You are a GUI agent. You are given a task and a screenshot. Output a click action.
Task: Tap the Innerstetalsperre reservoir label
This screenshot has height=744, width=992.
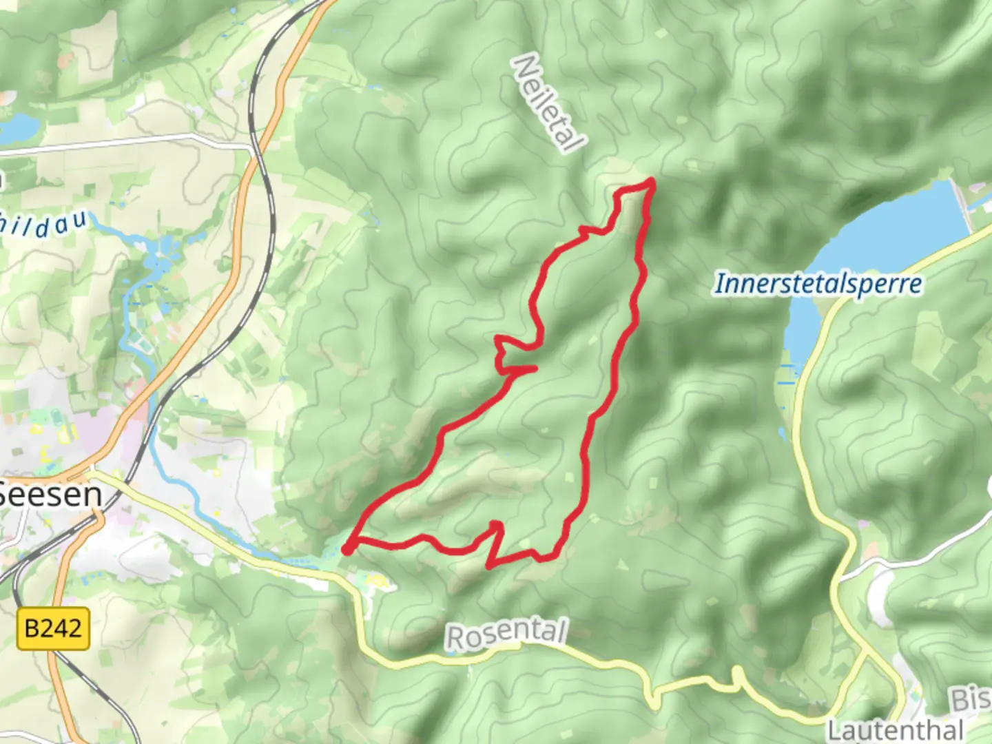[818, 284]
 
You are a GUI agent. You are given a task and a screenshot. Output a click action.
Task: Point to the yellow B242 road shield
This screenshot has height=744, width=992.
[53, 628]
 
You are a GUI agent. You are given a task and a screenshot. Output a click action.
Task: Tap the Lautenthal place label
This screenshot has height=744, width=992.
[896, 730]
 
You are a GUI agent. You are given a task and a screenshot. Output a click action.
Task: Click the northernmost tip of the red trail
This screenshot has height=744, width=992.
[650, 181]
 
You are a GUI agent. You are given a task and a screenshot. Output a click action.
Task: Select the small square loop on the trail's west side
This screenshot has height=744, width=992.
[506, 353]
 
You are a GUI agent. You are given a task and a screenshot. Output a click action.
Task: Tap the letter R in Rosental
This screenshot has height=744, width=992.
[455, 639]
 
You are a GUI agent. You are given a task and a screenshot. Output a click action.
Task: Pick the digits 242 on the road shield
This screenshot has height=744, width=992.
[62, 628]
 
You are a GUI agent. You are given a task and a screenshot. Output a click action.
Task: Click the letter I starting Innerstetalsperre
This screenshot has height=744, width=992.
[719, 283]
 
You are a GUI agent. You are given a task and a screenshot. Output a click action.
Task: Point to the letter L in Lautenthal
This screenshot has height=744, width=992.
[834, 730]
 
